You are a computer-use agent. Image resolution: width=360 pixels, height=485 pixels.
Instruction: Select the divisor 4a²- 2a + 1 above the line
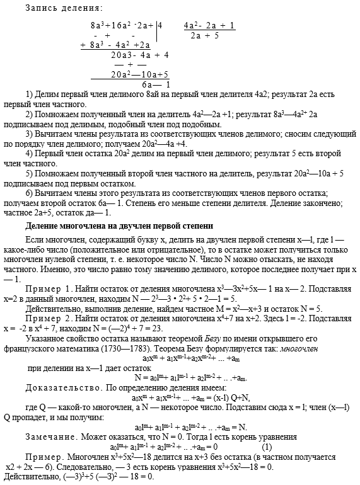point(210,26)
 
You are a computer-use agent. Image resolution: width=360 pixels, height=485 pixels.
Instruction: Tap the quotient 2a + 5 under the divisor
point(204,36)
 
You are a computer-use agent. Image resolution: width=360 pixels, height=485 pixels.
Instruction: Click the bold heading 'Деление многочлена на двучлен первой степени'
point(119,225)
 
